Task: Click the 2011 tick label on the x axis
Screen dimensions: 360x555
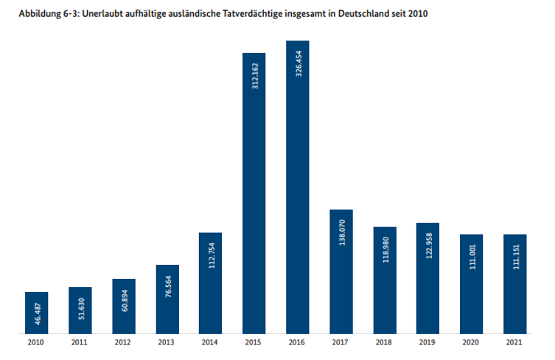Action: (x=80, y=343)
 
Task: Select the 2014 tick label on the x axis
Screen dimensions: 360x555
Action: (x=210, y=343)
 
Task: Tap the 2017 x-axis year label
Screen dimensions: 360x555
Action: (x=341, y=343)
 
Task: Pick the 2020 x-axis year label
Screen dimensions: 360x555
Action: (x=471, y=343)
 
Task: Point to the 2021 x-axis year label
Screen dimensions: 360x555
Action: (x=514, y=343)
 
